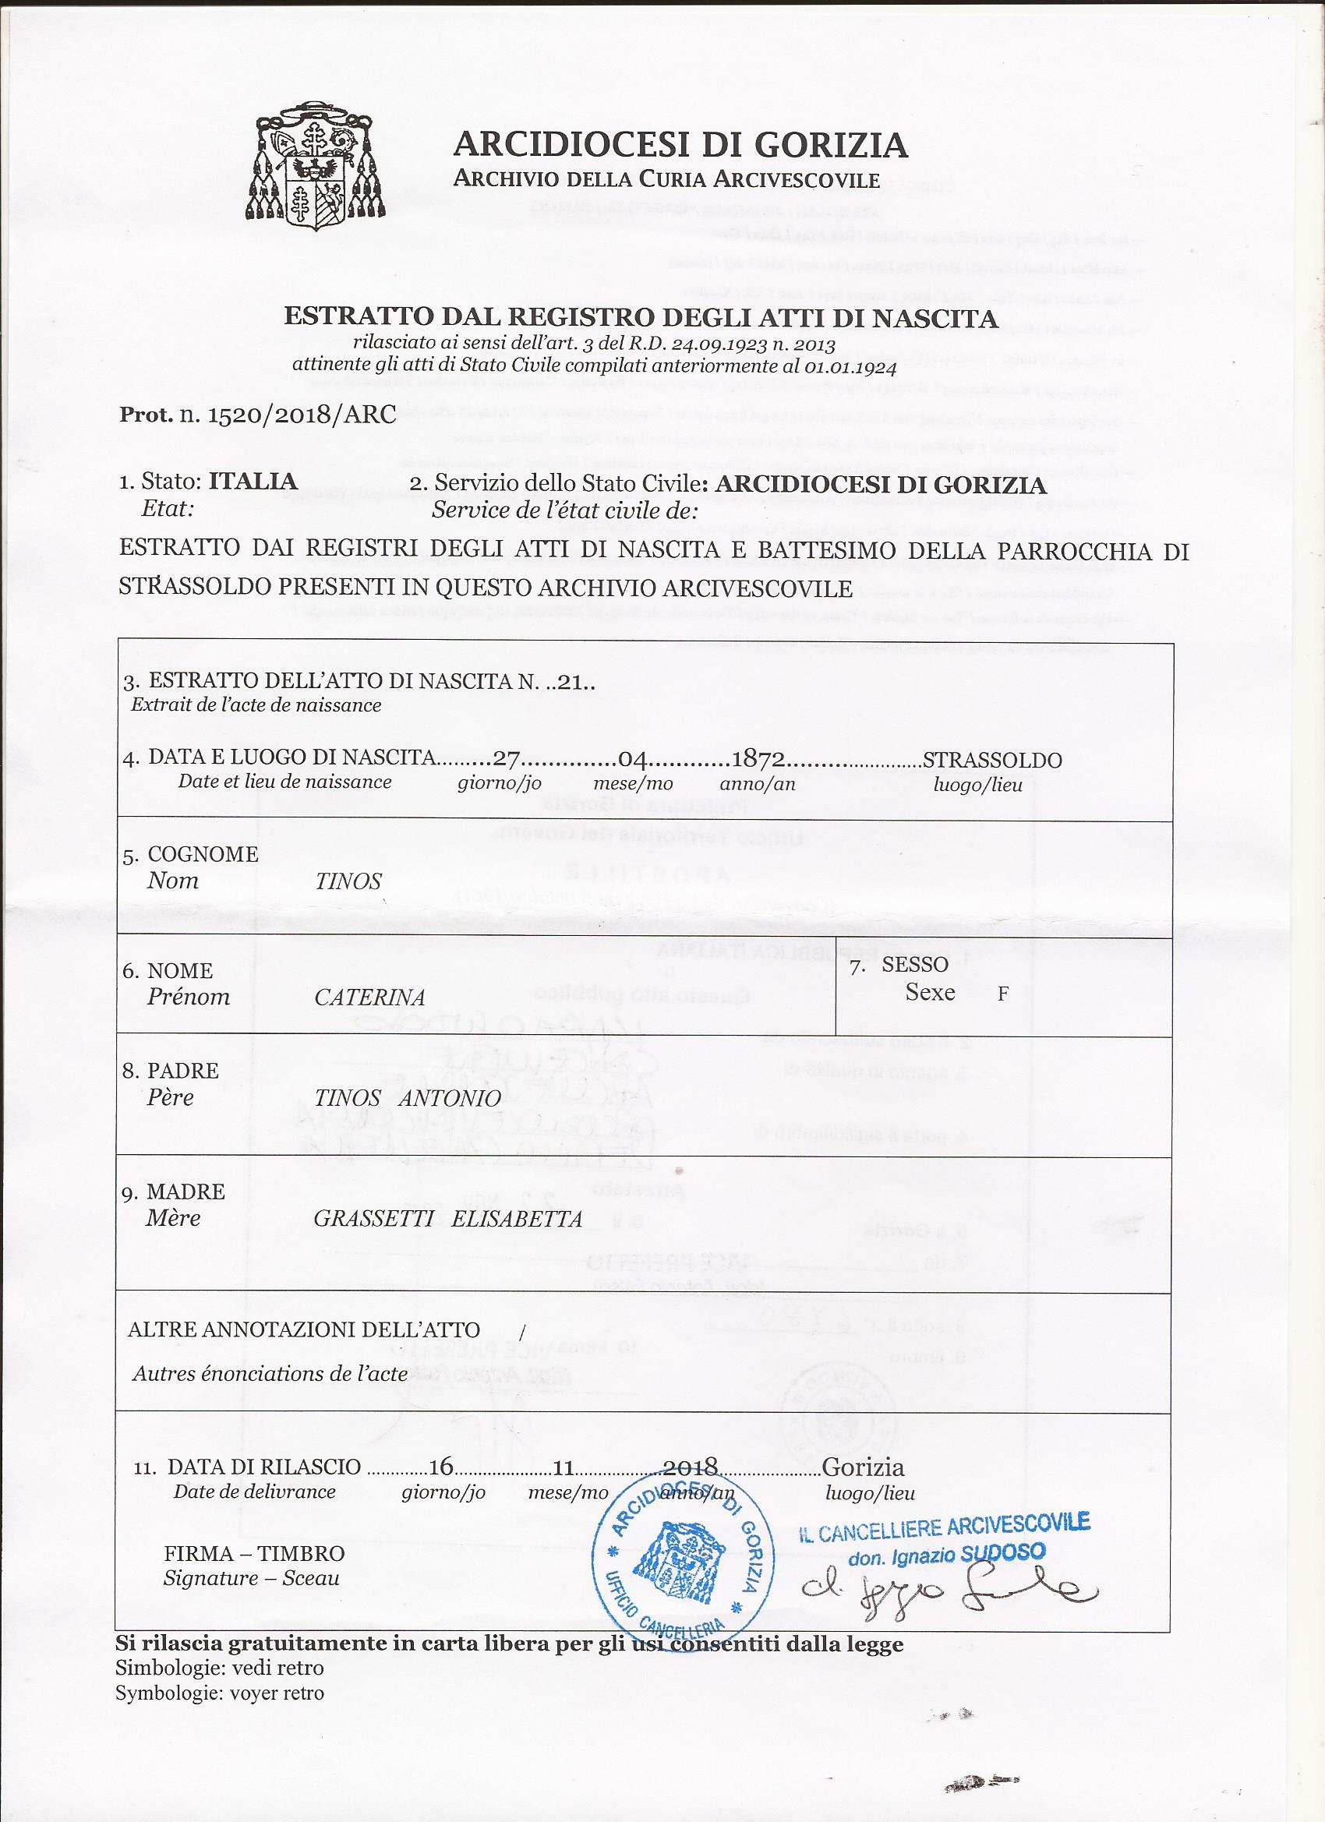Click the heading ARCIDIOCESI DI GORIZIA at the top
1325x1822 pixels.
point(680,146)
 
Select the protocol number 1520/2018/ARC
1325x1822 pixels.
point(302,415)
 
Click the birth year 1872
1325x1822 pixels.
point(759,759)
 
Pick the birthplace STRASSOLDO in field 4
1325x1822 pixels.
point(992,760)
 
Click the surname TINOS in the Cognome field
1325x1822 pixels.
point(348,881)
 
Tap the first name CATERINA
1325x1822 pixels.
point(369,998)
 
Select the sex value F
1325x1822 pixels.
point(1003,994)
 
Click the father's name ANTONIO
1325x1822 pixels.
point(450,1098)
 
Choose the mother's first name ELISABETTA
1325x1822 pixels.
point(517,1219)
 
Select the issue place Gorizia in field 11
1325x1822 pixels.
point(863,1467)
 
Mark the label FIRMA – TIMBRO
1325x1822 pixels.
point(254,1554)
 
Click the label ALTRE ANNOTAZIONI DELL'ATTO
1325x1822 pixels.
point(304,1329)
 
